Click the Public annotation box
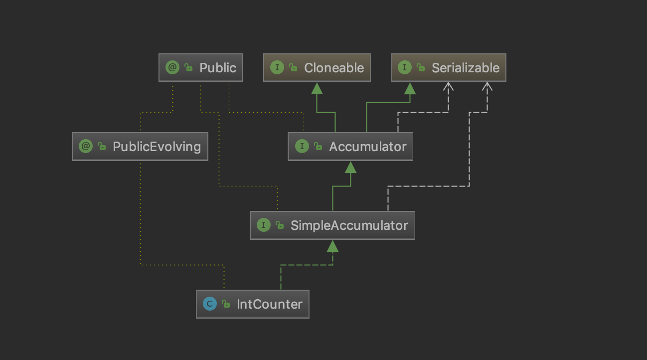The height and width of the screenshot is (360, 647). (201, 68)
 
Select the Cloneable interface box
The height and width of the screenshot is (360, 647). (317, 68)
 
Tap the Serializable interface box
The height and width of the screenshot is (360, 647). (449, 68)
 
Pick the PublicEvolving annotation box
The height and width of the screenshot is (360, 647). (140, 147)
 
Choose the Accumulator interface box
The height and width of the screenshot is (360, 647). (350, 147)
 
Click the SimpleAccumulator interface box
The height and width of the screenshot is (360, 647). (332, 225)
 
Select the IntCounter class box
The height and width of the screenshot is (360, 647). (253, 304)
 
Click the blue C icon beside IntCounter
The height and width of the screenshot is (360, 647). (210, 304)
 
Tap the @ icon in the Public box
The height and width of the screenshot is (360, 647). (172, 68)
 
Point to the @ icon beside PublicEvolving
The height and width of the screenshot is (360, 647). (86, 147)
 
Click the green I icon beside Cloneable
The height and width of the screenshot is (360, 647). (277, 68)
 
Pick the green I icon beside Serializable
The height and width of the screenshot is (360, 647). (405, 68)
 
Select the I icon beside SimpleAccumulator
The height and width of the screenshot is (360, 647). (264, 225)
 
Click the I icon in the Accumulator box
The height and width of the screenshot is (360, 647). (302, 147)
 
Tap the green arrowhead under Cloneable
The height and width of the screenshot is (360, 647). (317, 88)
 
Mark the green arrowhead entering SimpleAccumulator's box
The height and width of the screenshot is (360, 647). (332, 246)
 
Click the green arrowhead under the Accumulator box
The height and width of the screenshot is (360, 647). (350, 167)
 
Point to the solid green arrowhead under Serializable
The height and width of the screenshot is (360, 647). (410, 88)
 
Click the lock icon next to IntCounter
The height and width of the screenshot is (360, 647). (226, 304)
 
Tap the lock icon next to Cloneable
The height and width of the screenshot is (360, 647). (293, 68)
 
